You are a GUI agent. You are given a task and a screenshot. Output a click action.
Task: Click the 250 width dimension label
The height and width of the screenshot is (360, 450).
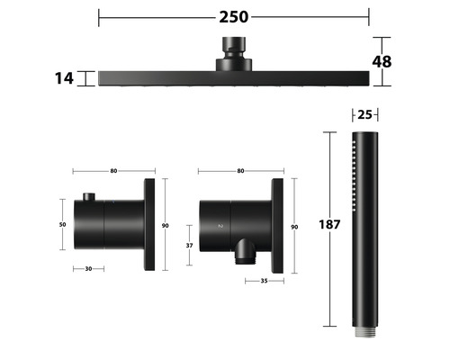point(234,17)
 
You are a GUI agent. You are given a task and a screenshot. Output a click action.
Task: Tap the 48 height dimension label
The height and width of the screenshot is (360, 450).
point(382,62)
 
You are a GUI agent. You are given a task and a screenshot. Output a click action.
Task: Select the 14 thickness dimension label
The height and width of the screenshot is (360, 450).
point(64,78)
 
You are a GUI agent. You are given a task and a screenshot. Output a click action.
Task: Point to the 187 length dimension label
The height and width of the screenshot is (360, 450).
point(329,224)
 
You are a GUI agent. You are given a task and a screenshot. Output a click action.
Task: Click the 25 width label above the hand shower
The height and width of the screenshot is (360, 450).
point(364,114)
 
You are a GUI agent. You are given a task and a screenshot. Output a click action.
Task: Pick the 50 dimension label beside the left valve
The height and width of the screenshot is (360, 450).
point(62,224)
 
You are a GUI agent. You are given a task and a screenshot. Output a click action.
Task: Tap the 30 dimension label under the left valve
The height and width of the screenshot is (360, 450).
point(88,269)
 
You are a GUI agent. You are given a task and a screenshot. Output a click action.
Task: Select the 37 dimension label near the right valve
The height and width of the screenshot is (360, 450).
point(189,246)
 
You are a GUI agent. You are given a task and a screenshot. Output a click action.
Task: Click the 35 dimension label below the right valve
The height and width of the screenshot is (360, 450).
point(264,281)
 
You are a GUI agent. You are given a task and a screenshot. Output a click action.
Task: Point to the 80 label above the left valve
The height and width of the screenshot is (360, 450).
point(113,171)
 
